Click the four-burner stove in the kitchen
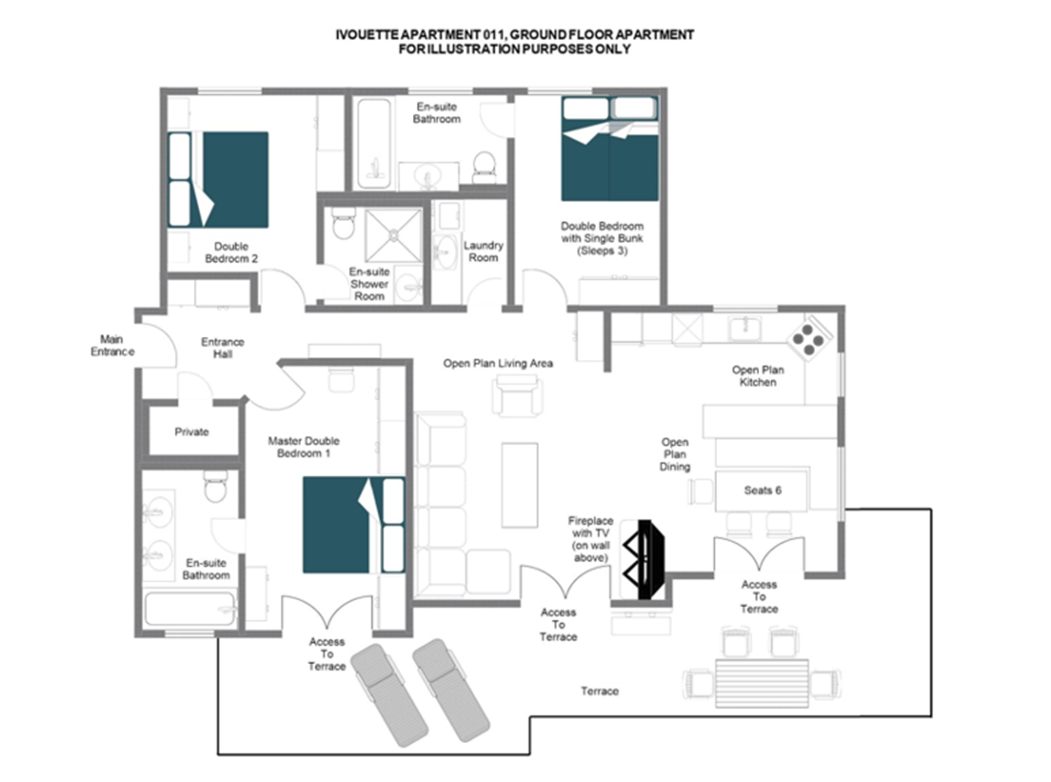coord(809,338)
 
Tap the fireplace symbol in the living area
coord(644,560)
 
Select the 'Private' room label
coord(192,432)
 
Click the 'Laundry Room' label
coord(483,251)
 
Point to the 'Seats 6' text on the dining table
coord(763,491)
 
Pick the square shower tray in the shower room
coord(394,235)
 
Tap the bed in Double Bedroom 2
coord(218,180)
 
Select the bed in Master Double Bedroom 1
coord(354,525)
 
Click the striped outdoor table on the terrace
coord(762,683)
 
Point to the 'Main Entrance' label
coord(112,346)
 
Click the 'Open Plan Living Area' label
coord(498,364)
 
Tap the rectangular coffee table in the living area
coord(519,485)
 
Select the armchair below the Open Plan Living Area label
coord(518,396)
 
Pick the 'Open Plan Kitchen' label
coord(758,376)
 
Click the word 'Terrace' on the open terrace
coord(600,692)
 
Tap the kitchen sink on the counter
coord(744,329)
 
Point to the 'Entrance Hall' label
coord(223,348)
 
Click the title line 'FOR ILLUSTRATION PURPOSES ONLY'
coord(515,49)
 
